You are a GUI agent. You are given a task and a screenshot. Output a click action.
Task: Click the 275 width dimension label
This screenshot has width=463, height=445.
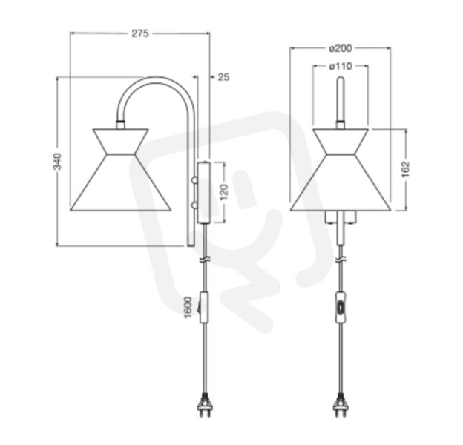point(140,33)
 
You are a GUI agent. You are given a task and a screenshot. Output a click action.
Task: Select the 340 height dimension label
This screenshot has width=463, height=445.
point(57,162)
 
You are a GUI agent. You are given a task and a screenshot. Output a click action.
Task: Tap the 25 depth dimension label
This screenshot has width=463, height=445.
point(223,77)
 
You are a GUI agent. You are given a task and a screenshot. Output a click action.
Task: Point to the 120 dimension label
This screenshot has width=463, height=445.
point(224,192)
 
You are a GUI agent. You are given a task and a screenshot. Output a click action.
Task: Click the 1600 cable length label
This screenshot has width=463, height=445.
point(188,308)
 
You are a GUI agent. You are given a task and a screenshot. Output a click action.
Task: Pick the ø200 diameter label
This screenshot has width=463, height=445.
point(341,48)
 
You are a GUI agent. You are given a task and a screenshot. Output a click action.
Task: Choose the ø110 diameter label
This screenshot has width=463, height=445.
point(341,67)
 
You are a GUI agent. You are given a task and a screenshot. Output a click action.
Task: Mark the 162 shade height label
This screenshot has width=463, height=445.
point(406,169)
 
